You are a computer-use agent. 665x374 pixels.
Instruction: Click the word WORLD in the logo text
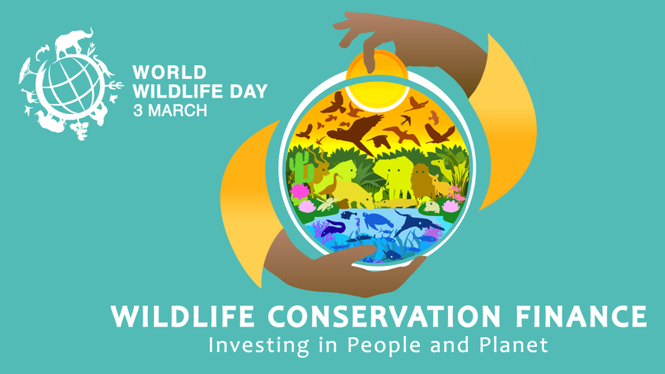pos(169,72)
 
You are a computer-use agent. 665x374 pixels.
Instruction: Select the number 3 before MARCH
pos(138,110)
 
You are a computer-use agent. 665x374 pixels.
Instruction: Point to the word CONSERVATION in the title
pos(385,317)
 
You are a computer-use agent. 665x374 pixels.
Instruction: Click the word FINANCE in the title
pos(581,317)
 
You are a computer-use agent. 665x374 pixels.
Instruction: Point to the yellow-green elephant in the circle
pos(393,176)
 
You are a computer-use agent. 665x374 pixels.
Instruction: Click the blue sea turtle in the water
pos(377,221)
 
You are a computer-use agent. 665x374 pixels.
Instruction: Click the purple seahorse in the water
pos(359,225)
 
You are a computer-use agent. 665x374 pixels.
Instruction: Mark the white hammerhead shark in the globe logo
pos(42,52)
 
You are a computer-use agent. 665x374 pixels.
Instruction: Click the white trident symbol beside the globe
pos(114,85)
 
